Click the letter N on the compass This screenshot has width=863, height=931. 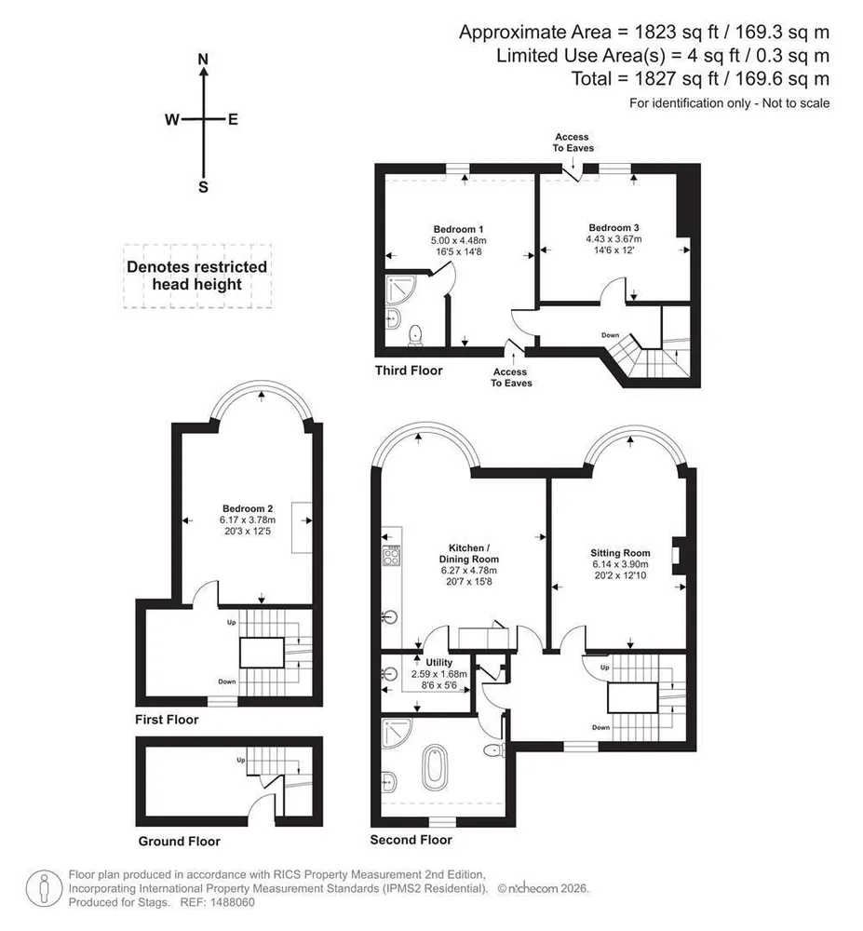pyautogui.click(x=203, y=60)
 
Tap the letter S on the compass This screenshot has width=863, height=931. pyautogui.click(x=203, y=188)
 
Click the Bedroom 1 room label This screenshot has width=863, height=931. pyautogui.click(x=458, y=229)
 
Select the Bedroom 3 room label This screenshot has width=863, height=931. pyautogui.click(x=614, y=227)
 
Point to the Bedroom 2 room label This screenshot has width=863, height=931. pyautogui.click(x=248, y=509)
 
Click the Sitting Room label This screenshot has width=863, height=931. pyautogui.click(x=620, y=553)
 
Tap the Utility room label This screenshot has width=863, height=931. pyautogui.click(x=439, y=663)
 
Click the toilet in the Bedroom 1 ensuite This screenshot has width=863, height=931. pyautogui.click(x=415, y=335)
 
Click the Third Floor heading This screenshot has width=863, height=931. pyautogui.click(x=409, y=371)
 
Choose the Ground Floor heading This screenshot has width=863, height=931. pyautogui.click(x=180, y=842)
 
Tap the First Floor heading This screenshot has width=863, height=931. pyautogui.click(x=167, y=720)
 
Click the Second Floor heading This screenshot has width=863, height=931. pyautogui.click(x=411, y=840)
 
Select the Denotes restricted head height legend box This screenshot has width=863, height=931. pyautogui.click(x=197, y=277)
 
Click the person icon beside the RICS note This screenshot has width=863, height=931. pyautogui.click(x=45, y=888)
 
